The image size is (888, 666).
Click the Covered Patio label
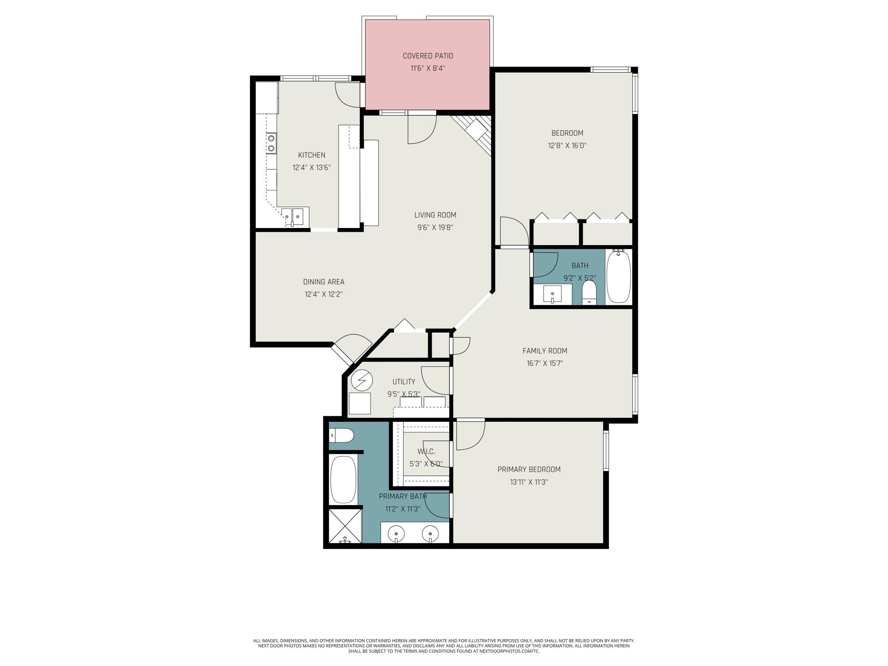point(428,56)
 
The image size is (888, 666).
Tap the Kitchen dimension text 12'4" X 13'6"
point(312,168)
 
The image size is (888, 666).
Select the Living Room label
point(435,215)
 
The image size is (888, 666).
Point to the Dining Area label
point(324,282)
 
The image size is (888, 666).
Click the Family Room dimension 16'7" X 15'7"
point(545,364)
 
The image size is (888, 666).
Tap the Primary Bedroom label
point(529,470)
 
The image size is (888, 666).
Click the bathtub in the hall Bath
point(619,277)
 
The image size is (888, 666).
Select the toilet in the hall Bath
point(589,292)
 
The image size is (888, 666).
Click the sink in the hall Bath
point(553,295)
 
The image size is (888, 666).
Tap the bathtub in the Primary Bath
point(343,479)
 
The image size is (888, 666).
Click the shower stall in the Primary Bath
point(345,526)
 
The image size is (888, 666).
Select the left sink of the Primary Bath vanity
point(397,534)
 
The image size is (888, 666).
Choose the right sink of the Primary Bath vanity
point(430,534)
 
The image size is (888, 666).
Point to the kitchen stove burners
point(271,143)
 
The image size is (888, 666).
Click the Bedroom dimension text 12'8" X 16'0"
point(567,146)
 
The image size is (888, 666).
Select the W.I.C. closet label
point(426,452)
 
